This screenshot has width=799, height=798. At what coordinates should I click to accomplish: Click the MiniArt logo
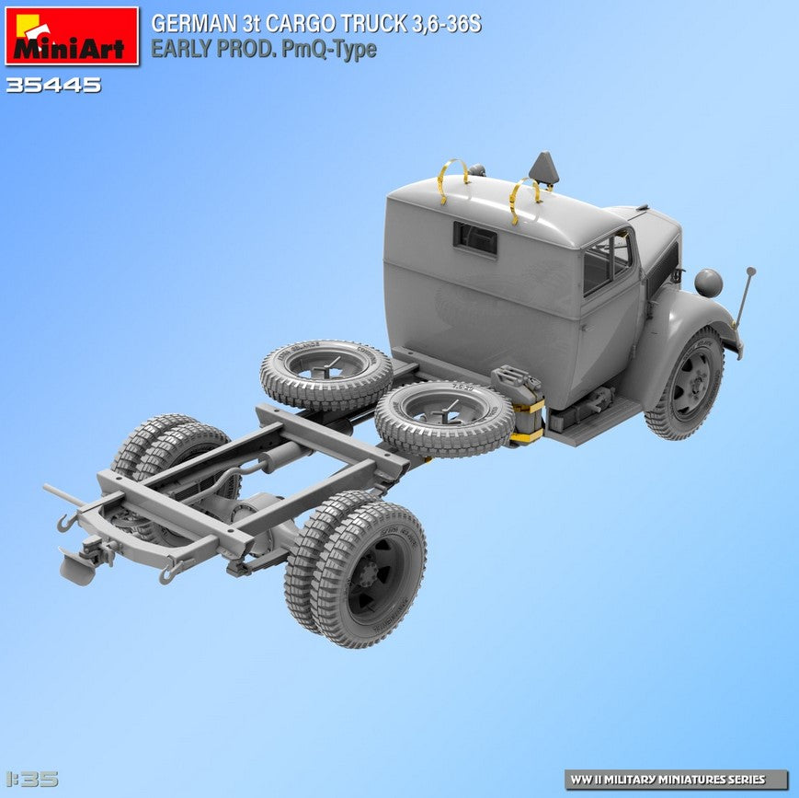pos(72,36)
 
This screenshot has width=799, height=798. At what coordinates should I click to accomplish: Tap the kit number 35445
pos(53,86)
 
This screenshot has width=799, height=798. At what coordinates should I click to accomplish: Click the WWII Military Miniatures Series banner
pos(676,779)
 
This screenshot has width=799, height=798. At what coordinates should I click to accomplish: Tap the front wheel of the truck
pos(686,384)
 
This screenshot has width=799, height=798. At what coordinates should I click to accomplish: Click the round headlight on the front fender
pos(708,283)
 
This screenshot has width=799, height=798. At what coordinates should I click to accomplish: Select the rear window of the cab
pos(474,238)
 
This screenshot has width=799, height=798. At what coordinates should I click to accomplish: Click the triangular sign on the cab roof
pos(543,168)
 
